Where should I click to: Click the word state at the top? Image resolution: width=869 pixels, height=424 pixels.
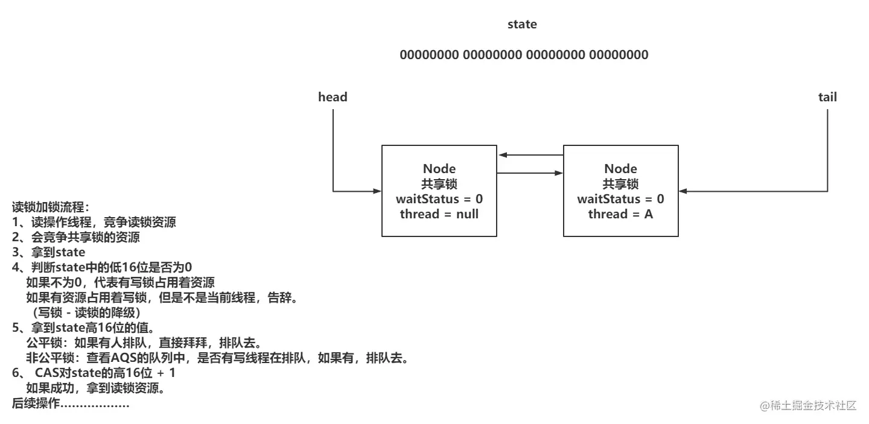pos(522,25)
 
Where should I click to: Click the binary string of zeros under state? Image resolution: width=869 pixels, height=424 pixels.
pos(524,55)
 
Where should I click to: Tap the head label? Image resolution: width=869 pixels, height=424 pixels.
pos(333,97)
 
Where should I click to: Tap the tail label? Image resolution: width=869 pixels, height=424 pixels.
pos(827,97)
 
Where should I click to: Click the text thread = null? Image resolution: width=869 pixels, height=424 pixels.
pos(439,214)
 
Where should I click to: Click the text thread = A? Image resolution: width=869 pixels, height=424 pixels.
pos(620,214)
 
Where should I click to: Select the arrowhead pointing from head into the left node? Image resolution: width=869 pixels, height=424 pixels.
pos(377,192)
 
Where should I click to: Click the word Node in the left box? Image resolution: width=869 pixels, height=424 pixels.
pos(439,169)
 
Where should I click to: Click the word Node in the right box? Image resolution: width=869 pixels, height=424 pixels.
pos(620,169)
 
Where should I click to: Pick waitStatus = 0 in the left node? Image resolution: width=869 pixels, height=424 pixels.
pos(439,199)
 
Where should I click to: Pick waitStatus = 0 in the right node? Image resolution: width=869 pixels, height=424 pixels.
pos(620,199)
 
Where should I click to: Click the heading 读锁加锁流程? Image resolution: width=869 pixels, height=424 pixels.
pos(50,207)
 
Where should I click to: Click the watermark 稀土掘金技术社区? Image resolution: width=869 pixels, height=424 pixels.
pos(808,406)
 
